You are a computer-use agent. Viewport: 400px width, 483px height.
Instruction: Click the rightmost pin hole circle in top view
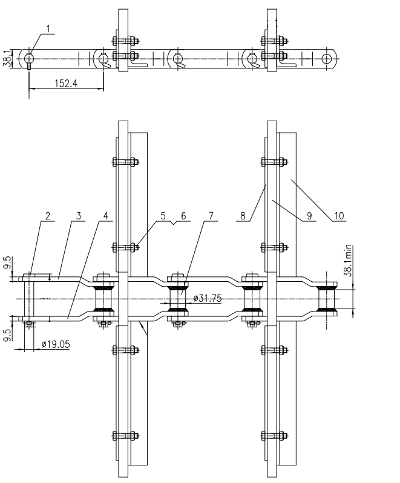[x=327, y=58]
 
